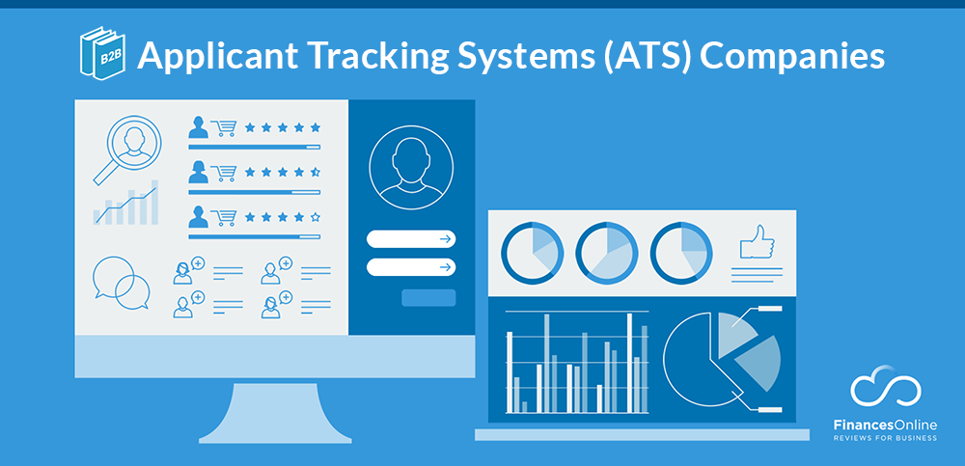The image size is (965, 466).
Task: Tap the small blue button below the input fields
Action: (x=428, y=297)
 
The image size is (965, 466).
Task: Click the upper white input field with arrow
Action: (x=411, y=239)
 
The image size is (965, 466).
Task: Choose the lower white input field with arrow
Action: (x=411, y=267)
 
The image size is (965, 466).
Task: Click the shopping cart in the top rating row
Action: (x=225, y=127)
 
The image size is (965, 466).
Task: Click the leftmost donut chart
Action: (x=532, y=251)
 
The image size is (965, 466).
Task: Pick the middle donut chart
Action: (x=606, y=251)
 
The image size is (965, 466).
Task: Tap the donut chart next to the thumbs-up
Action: (x=680, y=251)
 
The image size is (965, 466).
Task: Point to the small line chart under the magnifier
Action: (x=126, y=204)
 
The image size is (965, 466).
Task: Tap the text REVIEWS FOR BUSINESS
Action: (x=886, y=437)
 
